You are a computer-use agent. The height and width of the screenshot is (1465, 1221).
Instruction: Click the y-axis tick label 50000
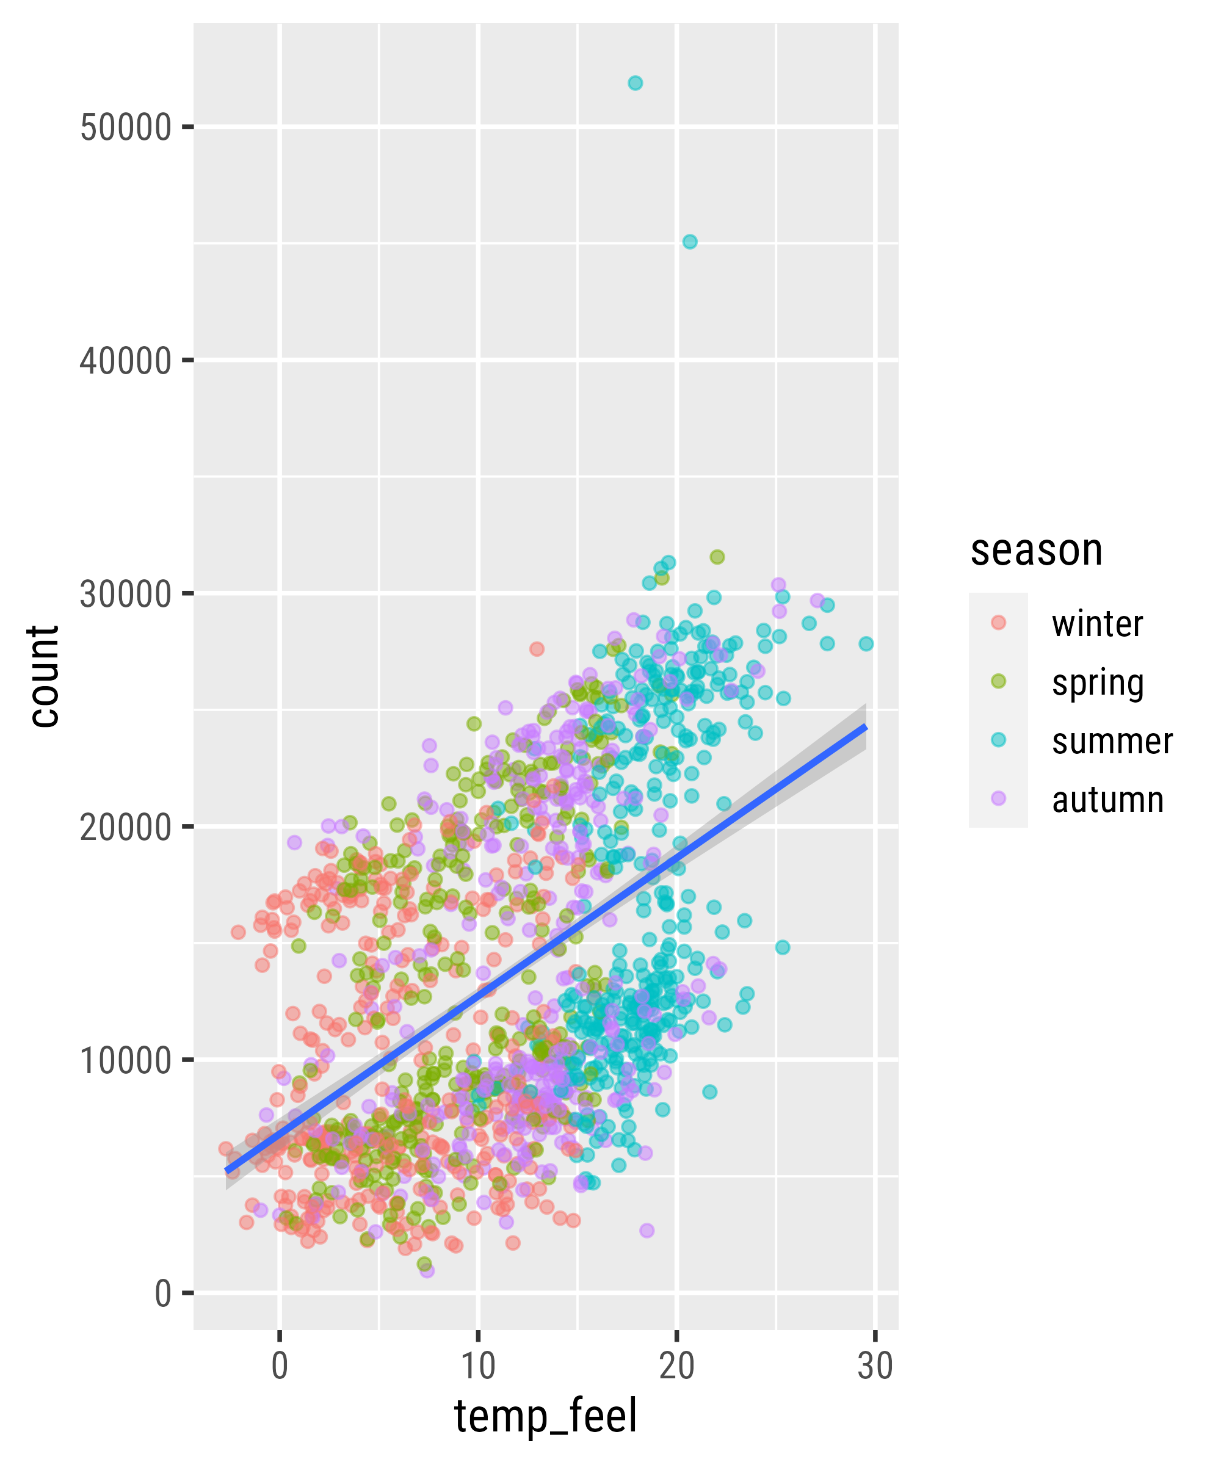126,128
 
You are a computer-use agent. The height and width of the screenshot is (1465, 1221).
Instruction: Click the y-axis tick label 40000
126,361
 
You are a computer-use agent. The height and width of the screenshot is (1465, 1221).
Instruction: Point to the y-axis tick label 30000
126,595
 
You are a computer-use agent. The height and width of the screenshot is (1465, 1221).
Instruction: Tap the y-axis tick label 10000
126,1060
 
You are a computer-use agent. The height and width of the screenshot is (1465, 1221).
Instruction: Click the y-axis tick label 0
162,1293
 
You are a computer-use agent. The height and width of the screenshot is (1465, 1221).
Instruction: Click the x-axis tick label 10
478,1366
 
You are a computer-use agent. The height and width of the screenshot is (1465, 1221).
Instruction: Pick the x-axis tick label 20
676,1366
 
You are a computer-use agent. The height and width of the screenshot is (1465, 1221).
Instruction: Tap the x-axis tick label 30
875,1366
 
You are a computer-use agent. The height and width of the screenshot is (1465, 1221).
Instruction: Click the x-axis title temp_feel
546,1416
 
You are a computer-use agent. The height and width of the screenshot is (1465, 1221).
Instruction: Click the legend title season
1036,551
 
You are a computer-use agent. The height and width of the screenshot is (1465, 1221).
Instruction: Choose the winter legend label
1097,624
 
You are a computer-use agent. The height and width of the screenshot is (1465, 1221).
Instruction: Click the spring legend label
1098,683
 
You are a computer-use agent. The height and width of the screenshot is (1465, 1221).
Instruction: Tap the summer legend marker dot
998,740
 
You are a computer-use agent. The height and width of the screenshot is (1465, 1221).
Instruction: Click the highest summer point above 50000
635,83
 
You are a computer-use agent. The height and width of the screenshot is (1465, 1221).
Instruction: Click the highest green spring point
717,557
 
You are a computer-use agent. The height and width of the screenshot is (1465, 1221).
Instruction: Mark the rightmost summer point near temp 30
866,644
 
